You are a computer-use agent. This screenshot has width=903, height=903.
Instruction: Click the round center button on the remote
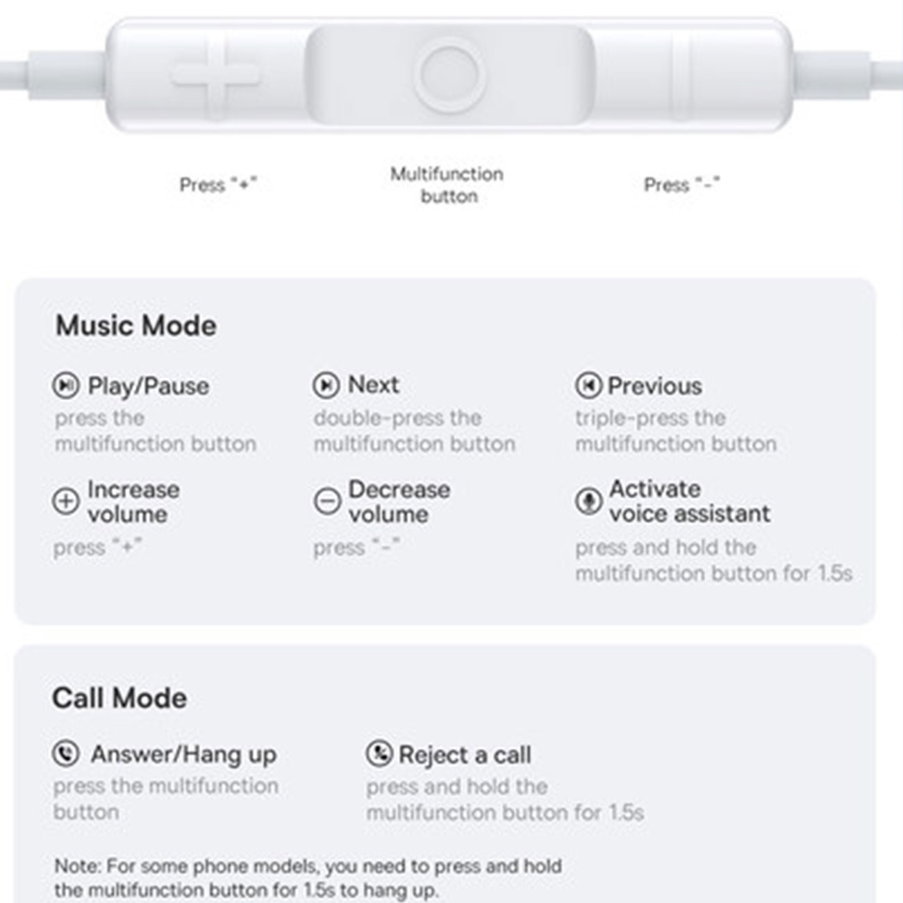[449, 75]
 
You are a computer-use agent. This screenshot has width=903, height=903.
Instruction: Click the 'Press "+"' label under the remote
[218, 185]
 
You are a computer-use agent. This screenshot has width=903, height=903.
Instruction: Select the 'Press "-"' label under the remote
[682, 185]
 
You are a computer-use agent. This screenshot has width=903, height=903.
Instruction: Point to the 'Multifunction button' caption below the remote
[447, 185]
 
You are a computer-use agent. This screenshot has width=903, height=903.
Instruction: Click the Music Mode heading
[136, 326]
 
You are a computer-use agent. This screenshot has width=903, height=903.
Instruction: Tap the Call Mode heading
[119, 698]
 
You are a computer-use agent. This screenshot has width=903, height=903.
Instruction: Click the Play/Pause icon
[65, 386]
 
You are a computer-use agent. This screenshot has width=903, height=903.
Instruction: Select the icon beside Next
[326, 386]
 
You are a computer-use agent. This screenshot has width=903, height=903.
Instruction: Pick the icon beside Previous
[588, 386]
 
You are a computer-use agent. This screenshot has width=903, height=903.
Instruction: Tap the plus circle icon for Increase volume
[65, 501]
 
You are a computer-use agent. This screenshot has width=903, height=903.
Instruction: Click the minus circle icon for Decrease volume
[326, 501]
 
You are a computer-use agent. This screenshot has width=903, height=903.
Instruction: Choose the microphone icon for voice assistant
[588, 501]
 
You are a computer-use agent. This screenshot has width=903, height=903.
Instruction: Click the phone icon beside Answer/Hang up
[65, 754]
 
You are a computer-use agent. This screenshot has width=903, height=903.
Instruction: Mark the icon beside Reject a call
[379, 754]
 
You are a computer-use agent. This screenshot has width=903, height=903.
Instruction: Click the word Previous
[655, 386]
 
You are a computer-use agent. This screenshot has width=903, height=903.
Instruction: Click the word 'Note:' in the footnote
[78, 866]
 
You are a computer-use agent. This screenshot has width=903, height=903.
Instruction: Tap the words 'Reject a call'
[465, 755]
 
